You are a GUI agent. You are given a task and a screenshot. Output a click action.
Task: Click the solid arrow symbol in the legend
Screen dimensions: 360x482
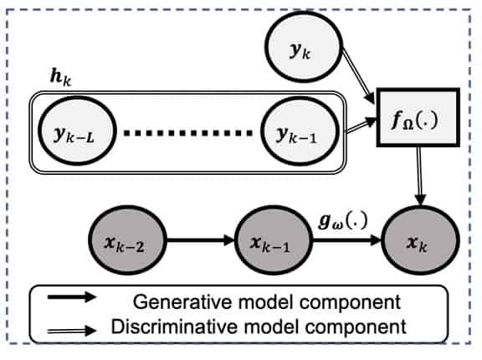pos(70,299)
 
